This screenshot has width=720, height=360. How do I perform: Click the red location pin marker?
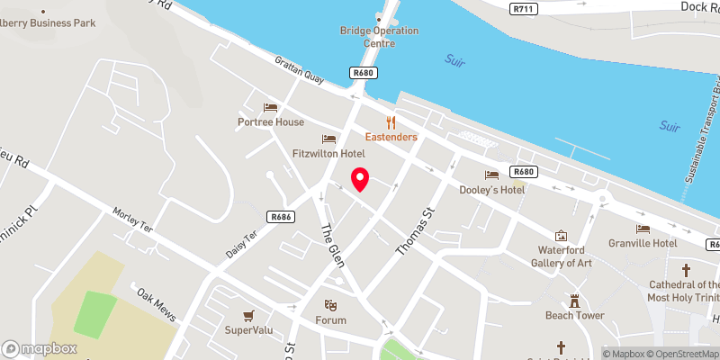[360, 179]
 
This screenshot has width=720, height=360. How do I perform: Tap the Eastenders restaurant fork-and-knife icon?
[391, 122]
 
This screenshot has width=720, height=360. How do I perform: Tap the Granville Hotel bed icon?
[643, 229]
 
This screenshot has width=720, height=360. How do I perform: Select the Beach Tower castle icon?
[574, 301]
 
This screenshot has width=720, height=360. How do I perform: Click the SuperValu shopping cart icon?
[248, 315]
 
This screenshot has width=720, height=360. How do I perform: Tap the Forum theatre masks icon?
[330, 306]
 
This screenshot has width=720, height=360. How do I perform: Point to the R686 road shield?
[282, 217]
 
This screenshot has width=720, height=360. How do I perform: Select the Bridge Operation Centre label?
[379, 36]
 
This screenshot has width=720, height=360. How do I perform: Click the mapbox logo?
[40, 348]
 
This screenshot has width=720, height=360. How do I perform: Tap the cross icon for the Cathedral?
[686, 269]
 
